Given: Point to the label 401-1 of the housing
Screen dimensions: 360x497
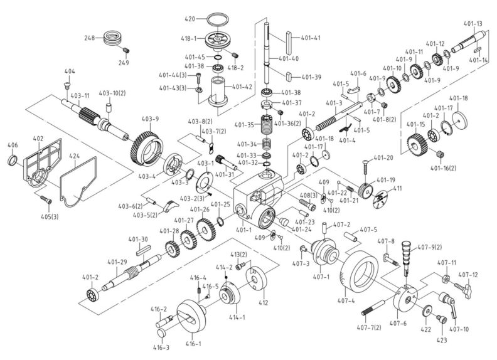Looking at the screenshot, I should pos(245,230).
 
